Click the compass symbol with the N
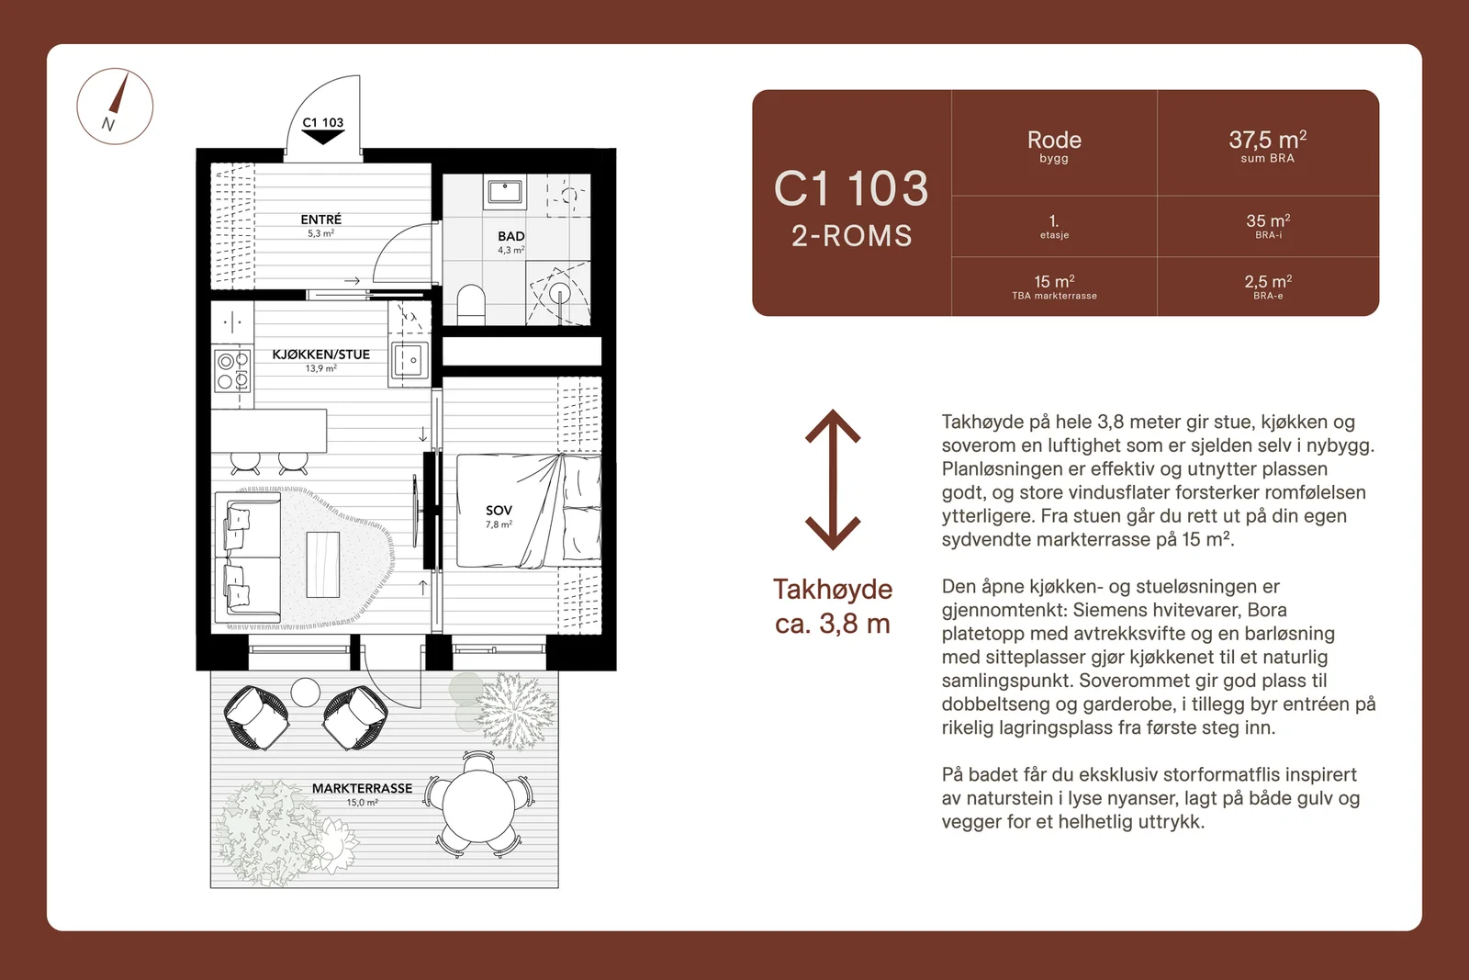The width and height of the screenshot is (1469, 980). click(115, 107)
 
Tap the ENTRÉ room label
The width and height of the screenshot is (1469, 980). click(320, 220)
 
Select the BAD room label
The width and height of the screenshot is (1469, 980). click(510, 236)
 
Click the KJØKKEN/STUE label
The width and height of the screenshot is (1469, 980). click(320, 355)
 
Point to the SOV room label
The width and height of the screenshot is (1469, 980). click(499, 511)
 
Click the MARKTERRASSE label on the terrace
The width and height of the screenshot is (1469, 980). click(362, 788)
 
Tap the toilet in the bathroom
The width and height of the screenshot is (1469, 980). click(470, 304)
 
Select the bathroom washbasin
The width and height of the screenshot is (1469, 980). click(504, 192)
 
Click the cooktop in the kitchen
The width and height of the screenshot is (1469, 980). click(233, 371)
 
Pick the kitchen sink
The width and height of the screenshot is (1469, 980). click(409, 360)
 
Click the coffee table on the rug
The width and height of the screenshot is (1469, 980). click(322, 564)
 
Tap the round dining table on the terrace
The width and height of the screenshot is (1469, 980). click(478, 805)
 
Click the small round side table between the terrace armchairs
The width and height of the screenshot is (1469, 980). click(305, 692)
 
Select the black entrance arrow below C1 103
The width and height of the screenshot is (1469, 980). click(322, 137)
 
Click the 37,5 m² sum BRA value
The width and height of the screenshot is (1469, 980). click(1267, 140)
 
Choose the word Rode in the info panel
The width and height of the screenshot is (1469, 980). click(1054, 140)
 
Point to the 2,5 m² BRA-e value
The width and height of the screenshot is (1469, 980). click(1268, 282)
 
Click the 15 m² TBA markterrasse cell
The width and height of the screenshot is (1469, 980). click(1054, 287)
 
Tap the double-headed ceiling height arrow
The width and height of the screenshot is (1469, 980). click(832, 479)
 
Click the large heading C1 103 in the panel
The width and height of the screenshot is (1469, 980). click(851, 189)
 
